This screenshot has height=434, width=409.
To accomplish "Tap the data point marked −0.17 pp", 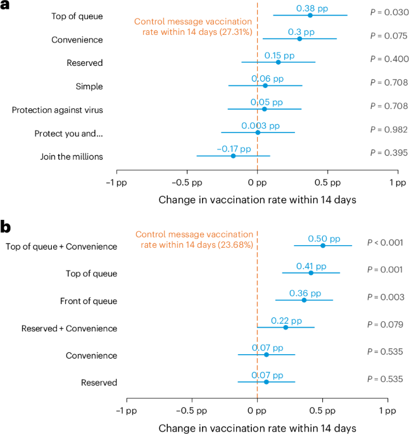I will coord(233,156).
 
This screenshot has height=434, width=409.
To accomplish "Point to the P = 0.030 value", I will coord(388,13).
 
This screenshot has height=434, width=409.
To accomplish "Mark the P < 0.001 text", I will coord(385,242).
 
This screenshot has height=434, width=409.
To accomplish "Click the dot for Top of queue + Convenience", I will coord(323,245).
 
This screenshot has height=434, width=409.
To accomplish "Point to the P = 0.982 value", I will coord(388,129).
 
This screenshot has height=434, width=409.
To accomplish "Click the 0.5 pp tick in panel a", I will coord(327,182).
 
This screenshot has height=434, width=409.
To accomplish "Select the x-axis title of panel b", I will coord(257,428).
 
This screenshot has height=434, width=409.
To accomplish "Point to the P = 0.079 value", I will coord(385,324).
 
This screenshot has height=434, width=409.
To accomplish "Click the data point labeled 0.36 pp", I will coord(304,300).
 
